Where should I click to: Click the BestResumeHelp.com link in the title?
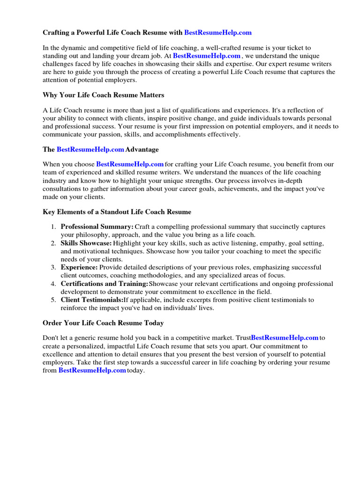pyautogui.click(x=218, y=33)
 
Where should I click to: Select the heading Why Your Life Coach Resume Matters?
pyautogui.click(x=104, y=95)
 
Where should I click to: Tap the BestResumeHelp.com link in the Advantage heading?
pyautogui.click(x=90, y=150)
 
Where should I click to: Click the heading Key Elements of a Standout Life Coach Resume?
pyautogui.click(x=117, y=212)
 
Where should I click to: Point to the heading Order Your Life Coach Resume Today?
pyautogui.click(x=103, y=323)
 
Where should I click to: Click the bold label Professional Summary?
pyautogui.click(x=97, y=227)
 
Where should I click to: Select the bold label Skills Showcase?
pyautogui.click(x=86, y=244)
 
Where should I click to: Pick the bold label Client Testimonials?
pyautogui.click(x=92, y=300)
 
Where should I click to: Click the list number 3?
pyautogui.click(x=53, y=267)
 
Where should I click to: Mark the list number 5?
pyautogui.click(x=53, y=300)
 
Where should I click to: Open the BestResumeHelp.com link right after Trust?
pyautogui.click(x=285, y=337)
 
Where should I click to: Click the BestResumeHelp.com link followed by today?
pyautogui.click(x=92, y=371)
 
